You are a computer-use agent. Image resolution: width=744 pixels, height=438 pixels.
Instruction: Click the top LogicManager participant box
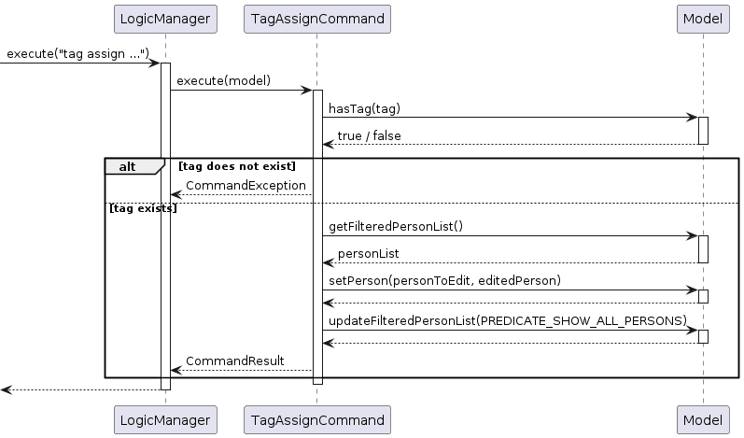pos(165,19)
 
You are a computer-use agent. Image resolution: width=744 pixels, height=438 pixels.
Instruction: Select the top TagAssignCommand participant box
pos(316,19)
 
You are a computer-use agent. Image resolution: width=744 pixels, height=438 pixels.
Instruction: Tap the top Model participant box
pos(703,19)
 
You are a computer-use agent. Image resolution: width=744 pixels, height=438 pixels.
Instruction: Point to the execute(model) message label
pos(223,81)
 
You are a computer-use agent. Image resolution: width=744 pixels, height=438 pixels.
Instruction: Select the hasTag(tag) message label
pos(364,108)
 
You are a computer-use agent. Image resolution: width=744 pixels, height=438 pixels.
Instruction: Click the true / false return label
pos(369,136)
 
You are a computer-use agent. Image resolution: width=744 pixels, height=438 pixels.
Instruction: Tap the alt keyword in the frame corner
pos(127,166)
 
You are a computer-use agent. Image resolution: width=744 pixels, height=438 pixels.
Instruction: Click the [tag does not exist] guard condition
pos(237,166)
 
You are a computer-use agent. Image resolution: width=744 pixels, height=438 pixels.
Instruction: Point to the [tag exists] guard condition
pos(143,208)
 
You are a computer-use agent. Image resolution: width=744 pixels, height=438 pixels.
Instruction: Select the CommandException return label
pos(246,186)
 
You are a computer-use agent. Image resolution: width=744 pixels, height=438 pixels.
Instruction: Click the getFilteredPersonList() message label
pos(397,227)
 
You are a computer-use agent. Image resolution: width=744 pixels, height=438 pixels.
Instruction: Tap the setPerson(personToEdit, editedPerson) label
pos(442,281)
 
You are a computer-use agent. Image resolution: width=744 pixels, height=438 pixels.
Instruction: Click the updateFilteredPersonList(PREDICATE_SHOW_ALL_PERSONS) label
pos(507,321)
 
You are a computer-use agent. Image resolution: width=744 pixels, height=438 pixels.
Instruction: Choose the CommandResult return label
pos(234,360)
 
